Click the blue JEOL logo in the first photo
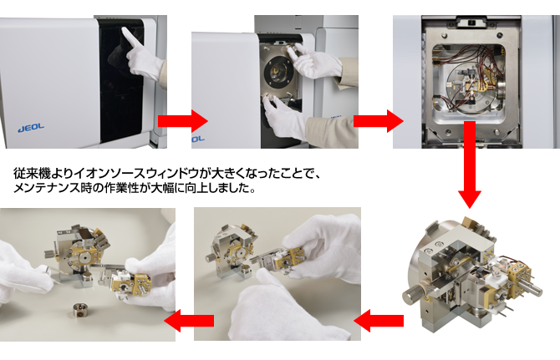click(31, 127)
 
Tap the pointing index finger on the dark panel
click(131, 38)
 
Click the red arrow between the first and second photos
click(182, 121)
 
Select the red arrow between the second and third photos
click(379, 121)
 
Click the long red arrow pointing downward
click(470, 165)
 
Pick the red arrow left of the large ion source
click(379, 321)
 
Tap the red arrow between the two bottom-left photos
click(189, 321)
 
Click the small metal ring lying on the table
click(81, 310)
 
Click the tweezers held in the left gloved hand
click(53, 276)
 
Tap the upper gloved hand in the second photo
click(314, 60)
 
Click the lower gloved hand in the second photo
click(284, 118)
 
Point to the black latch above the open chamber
click(471, 23)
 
